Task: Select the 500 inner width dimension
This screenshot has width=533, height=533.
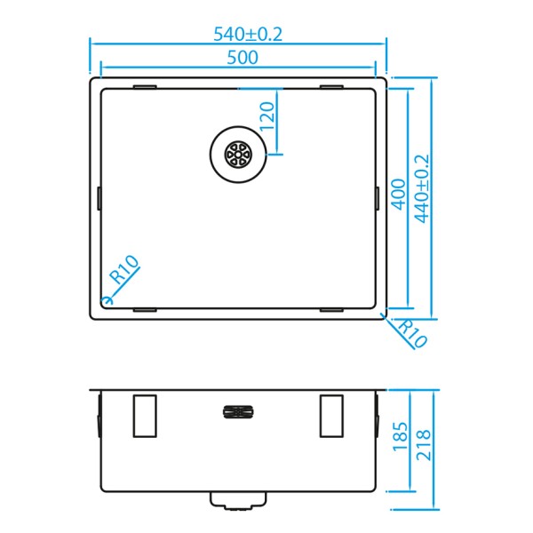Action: tap(241, 58)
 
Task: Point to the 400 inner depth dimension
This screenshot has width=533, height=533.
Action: tap(398, 195)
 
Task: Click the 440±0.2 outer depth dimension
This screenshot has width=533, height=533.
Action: tap(422, 189)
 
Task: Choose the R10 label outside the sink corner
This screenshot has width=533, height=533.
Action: tap(412, 333)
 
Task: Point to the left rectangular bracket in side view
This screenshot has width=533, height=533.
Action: tap(145, 415)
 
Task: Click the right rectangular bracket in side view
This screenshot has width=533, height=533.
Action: tap(331, 415)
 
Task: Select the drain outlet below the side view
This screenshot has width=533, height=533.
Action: tap(237, 500)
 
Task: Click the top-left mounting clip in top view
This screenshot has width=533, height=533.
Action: tap(145, 86)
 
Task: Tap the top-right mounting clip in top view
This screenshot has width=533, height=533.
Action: tap(331, 86)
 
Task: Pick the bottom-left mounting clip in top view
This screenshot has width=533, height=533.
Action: tap(145, 310)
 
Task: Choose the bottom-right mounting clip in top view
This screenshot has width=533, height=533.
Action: tap(331, 310)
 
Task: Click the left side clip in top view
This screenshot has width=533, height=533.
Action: tap(98, 198)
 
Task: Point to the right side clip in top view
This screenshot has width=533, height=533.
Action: tap(378, 198)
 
